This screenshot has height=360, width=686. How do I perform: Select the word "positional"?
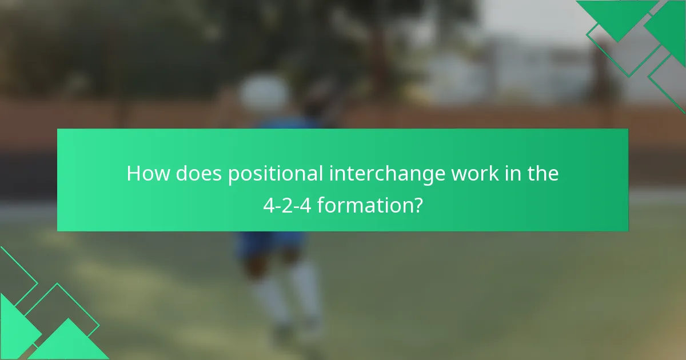point(275,174)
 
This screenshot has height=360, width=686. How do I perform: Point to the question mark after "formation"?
point(418,204)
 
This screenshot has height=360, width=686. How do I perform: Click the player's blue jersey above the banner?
point(286,123)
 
